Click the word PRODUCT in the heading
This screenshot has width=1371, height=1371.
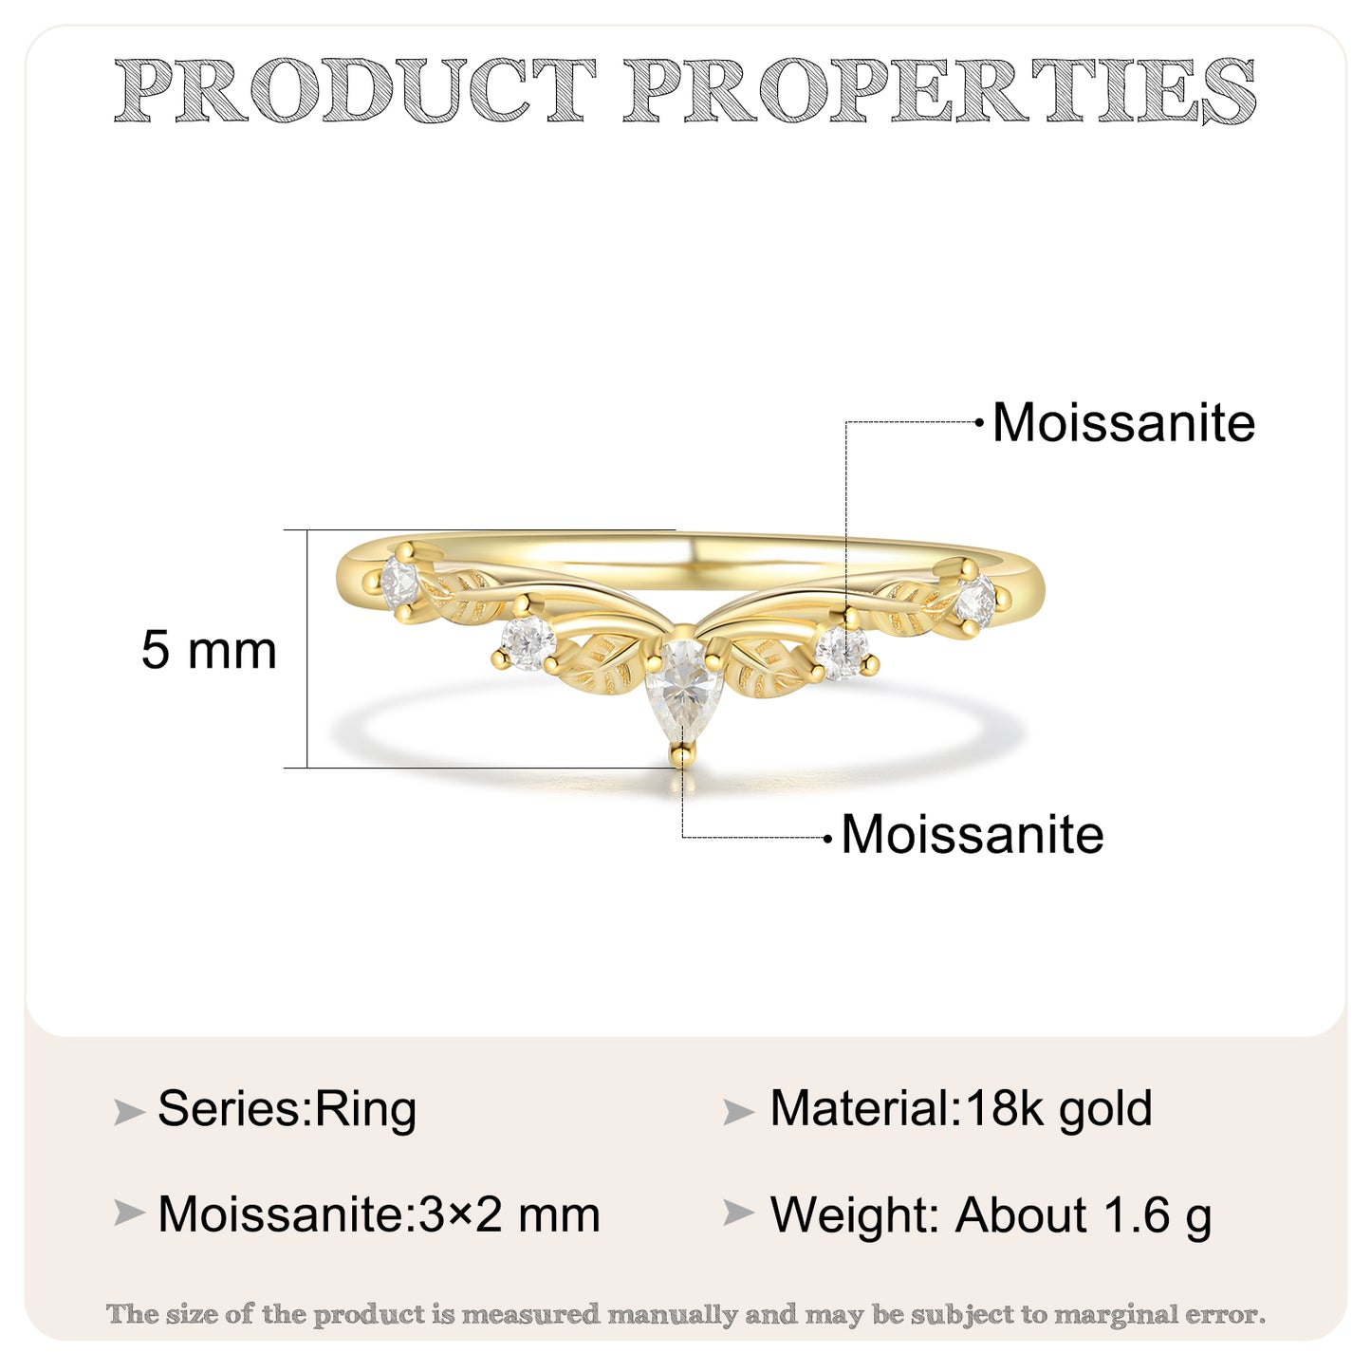pos(354,90)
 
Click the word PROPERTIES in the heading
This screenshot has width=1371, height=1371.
pos(940,90)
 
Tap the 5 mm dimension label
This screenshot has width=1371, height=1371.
pos(209,650)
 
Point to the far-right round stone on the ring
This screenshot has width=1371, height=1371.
pos(976,602)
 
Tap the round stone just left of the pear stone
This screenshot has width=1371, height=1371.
pos(528,643)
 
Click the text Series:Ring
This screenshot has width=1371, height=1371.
pos(287,1110)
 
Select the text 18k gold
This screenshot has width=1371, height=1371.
pos(1059,1110)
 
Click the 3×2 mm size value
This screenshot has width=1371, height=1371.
pos(509,1214)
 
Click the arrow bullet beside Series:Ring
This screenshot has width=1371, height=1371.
pos(129,1112)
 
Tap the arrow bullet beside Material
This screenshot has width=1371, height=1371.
pos(738,1112)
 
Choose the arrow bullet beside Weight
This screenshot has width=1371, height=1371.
pos(738,1214)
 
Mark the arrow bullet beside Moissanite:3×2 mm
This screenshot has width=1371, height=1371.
pos(129,1214)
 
